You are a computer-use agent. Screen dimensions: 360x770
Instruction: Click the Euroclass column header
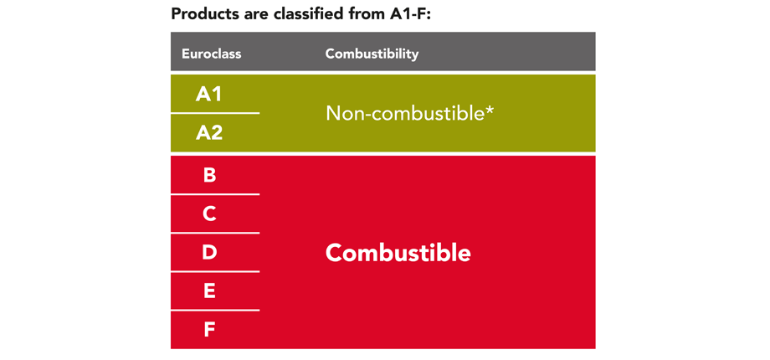pos(211,54)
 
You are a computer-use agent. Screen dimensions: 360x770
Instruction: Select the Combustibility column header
pos(372,54)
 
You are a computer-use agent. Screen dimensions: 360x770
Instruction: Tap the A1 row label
pos(209,94)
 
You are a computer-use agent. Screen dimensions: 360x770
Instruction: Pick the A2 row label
pos(209,132)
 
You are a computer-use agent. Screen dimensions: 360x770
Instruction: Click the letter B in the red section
pos(209,175)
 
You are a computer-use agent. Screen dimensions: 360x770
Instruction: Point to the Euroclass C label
pos(209,214)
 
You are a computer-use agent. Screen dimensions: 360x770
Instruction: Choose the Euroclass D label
pos(209,253)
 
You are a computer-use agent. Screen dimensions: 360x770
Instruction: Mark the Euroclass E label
pos(209,291)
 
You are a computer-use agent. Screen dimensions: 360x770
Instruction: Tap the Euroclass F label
pos(209,330)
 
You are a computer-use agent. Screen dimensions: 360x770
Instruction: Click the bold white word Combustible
pos(398,253)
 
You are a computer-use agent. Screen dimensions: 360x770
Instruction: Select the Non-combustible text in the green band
pos(404,112)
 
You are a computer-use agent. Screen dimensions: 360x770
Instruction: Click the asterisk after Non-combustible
pos(489,109)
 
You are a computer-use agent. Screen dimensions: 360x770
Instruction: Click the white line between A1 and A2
pos(215,113)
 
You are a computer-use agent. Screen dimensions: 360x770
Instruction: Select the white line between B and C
pos(215,194)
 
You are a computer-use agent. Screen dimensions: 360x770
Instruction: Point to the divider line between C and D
pos(215,233)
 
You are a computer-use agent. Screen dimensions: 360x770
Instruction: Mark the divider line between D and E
pos(215,271)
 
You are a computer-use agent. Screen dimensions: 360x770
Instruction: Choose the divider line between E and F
pos(215,311)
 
